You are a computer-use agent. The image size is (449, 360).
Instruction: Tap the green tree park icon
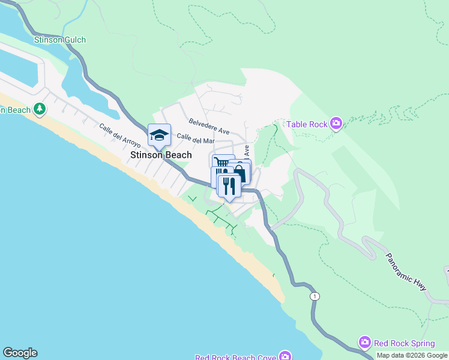coord(40,109)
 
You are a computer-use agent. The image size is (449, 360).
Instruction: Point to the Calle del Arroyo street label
coord(120,136)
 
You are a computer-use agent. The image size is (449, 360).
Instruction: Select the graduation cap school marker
coord(160,135)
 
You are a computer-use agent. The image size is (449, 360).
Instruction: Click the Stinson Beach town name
coord(161,155)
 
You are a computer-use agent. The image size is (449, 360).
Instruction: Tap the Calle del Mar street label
coord(195,140)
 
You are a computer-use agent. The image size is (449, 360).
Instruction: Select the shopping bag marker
coord(240,172)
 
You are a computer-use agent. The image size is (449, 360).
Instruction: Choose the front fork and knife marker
coord(229,185)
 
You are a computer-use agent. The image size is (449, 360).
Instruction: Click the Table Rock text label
coord(306,124)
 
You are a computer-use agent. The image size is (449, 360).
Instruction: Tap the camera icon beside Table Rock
coord(336,124)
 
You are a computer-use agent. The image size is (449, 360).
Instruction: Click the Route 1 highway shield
coord(315,296)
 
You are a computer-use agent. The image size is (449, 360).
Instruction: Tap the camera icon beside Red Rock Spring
coord(364,343)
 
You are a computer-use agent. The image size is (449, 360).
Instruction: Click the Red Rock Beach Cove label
coord(235,357)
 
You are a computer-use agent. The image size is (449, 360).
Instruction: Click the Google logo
coord(20,353)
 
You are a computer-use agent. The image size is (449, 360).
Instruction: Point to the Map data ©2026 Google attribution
coord(412,355)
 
